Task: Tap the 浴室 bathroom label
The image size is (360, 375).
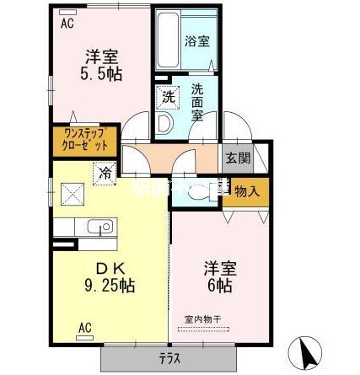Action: click(x=198, y=40)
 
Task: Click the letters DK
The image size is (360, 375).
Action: click(x=110, y=269)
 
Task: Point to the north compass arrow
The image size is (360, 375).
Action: click(x=304, y=351)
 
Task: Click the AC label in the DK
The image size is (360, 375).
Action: click(x=84, y=326)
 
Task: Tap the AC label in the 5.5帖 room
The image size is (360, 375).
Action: click(x=67, y=23)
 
